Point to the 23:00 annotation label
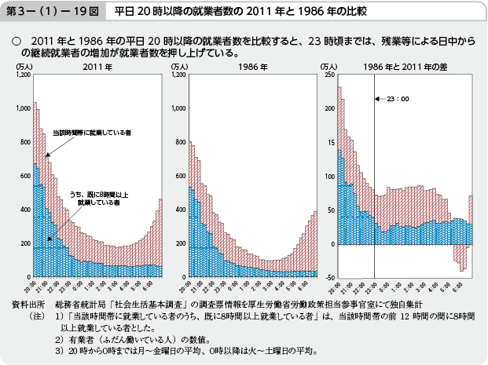point(398,99)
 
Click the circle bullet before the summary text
point(15,38)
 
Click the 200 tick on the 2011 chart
point(24,243)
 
